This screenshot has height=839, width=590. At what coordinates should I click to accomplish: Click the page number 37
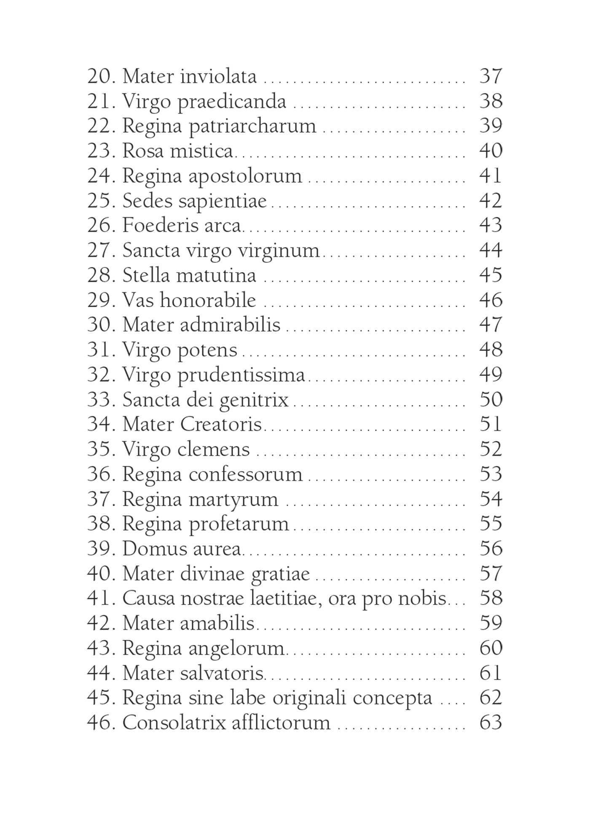click(x=491, y=76)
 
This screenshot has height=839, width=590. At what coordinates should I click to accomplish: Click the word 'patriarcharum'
click(x=252, y=126)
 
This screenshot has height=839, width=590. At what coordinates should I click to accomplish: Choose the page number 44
click(x=491, y=251)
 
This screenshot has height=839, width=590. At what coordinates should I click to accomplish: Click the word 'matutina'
click(x=216, y=275)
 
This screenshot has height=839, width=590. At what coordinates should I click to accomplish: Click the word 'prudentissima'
click(x=241, y=375)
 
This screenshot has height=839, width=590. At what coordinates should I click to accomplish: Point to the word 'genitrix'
click(x=254, y=400)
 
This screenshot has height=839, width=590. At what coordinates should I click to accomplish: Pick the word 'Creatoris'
click(x=221, y=424)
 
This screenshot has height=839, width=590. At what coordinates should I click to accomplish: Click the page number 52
click(x=491, y=449)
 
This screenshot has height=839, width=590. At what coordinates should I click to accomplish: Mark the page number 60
click(x=491, y=648)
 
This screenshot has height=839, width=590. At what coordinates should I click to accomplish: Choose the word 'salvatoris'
click(x=222, y=673)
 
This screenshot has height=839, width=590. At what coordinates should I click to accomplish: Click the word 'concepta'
click(x=392, y=698)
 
